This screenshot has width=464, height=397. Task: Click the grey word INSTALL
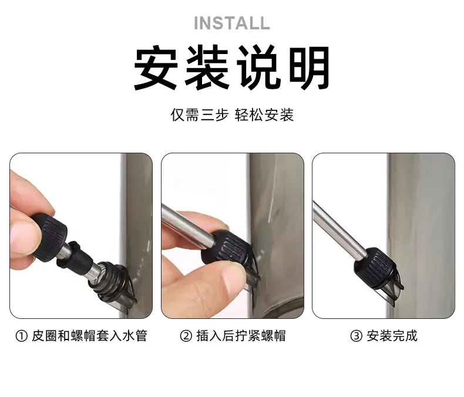pos(231,23)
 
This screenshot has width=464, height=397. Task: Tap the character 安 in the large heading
pos(156,68)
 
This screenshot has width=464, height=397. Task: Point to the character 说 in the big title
pos(258,68)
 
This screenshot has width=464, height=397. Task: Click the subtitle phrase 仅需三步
pos(200,115)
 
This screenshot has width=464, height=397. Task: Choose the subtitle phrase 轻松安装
pos(264,115)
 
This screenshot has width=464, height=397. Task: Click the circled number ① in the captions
pos(21,336)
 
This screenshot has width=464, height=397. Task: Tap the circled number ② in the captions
pos(186,336)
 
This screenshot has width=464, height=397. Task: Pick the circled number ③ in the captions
pos(357,336)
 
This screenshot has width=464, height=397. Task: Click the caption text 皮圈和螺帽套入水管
pos(89,336)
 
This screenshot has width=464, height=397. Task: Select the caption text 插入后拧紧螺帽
pos(241,336)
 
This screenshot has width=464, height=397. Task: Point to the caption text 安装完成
pos(392,336)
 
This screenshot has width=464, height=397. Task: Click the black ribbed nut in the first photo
pos(49,237)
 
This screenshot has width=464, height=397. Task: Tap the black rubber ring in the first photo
pos(71,254)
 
